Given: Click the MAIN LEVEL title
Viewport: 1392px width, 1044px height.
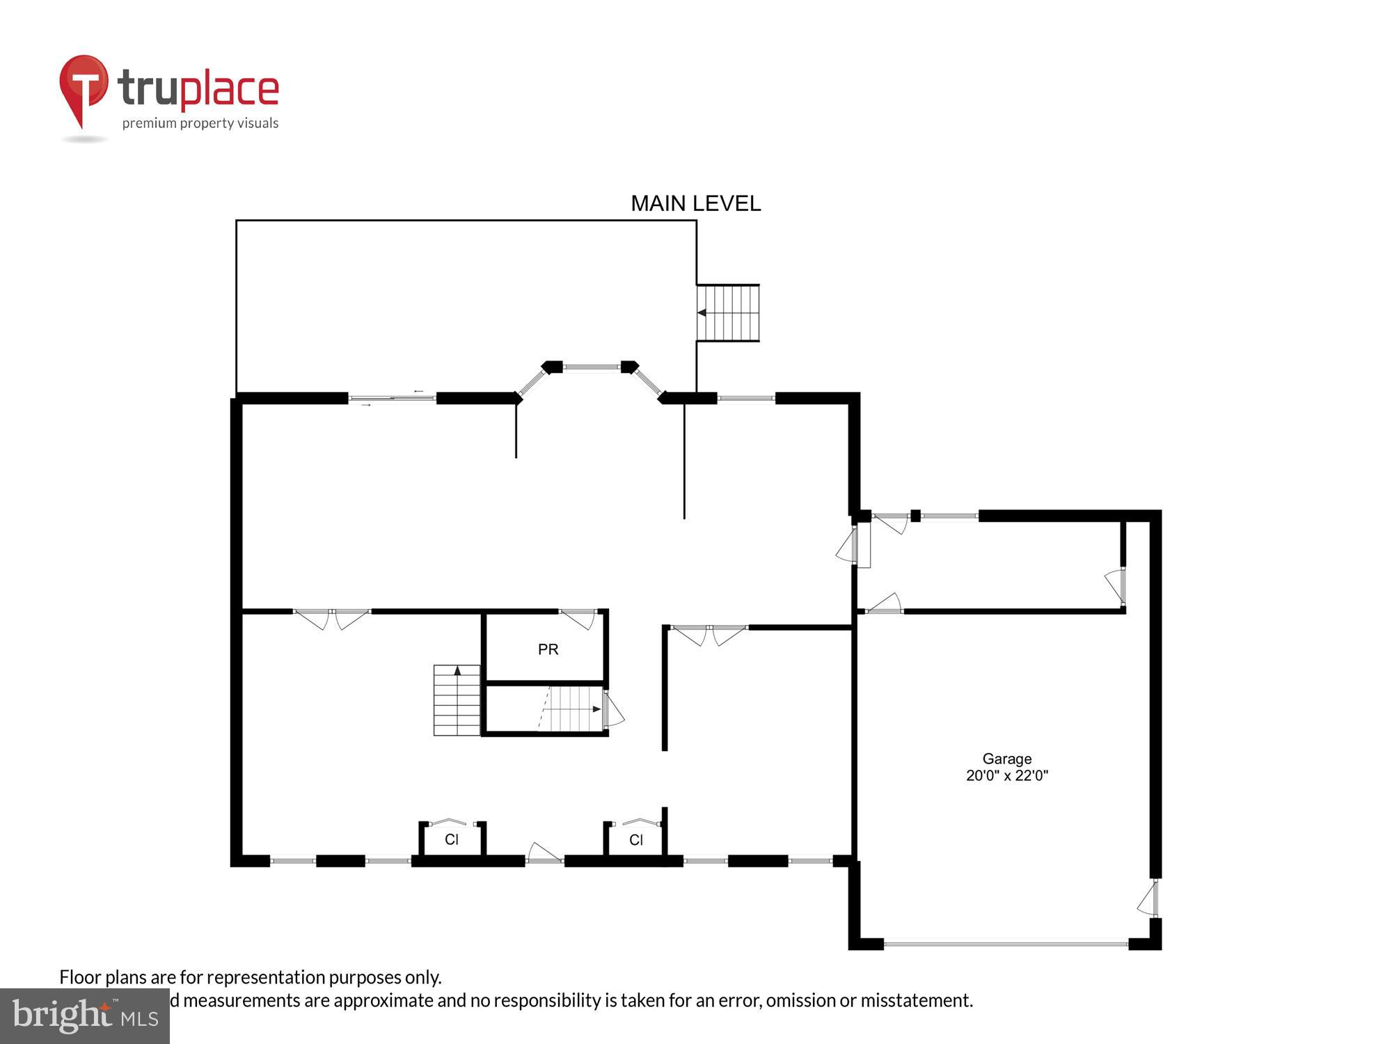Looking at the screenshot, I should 695,203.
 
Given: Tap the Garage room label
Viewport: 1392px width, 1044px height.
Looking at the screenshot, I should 1006,759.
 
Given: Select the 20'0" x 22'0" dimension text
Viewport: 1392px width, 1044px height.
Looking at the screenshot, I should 1006,775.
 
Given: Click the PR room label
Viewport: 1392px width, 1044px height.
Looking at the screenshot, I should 548,649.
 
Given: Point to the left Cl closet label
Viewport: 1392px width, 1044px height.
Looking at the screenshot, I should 452,839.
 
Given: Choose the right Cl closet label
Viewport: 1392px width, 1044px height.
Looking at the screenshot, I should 635,840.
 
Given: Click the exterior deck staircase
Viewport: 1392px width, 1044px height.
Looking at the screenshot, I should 728,313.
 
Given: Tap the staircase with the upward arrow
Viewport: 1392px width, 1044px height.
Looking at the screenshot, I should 457,700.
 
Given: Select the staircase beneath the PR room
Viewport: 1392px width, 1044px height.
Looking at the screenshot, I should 571,709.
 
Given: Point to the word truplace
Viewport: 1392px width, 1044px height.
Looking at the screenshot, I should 198,89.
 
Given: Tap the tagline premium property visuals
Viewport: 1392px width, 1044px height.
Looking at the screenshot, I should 200,124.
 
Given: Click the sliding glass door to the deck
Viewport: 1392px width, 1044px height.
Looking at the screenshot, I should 392,398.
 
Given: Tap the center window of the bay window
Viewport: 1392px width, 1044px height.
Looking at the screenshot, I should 591,367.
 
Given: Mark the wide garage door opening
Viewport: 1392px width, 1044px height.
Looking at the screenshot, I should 1006,944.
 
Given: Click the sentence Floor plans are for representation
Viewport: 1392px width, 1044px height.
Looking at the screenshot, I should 250,977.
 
